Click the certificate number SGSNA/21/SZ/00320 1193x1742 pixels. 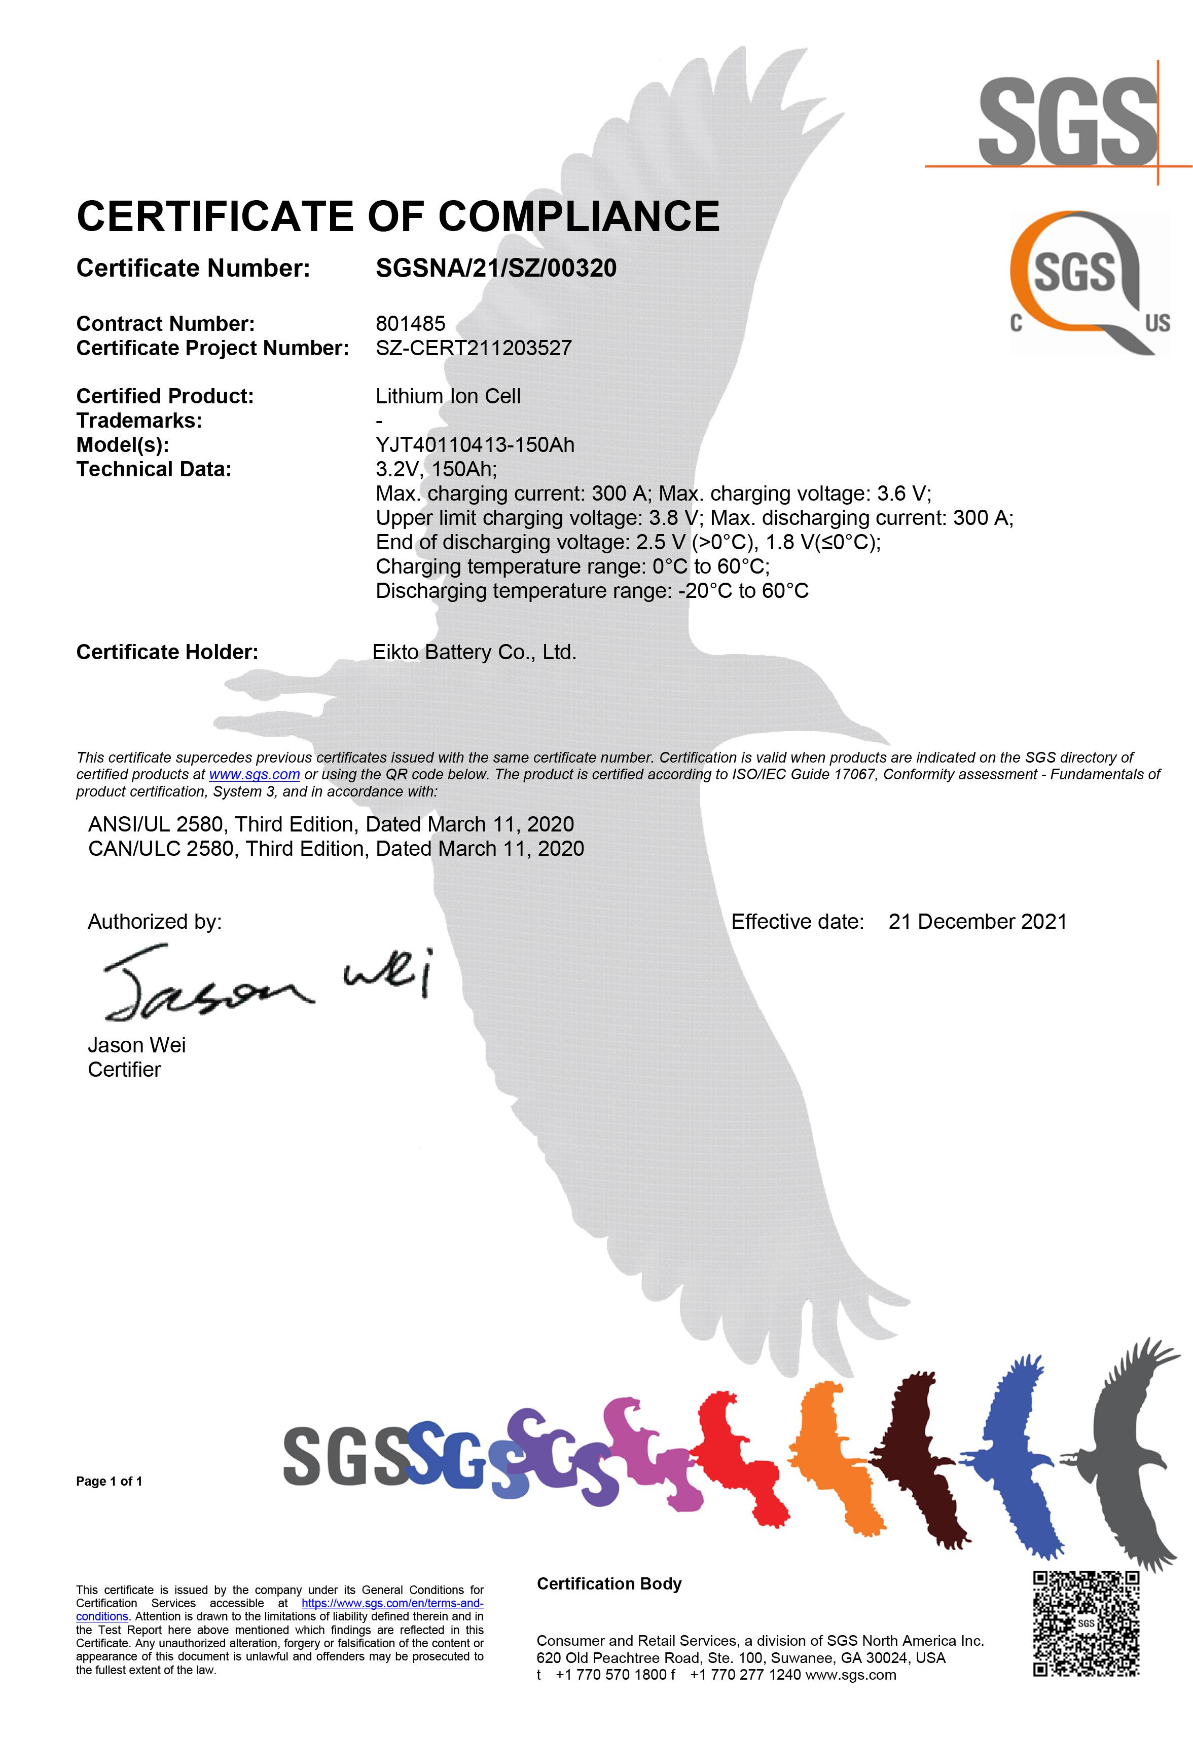pos(496,269)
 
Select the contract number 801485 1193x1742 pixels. pos(410,324)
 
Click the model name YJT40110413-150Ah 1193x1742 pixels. pos(475,445)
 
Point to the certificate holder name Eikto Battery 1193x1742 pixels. pos(474,652)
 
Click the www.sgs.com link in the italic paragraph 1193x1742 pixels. pos(254,774)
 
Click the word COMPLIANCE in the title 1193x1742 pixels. pos(579,217)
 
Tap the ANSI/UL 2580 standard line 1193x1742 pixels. pos(331,824)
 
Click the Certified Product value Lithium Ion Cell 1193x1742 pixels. pos(448,397)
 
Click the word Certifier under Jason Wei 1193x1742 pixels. pos(125,1070)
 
